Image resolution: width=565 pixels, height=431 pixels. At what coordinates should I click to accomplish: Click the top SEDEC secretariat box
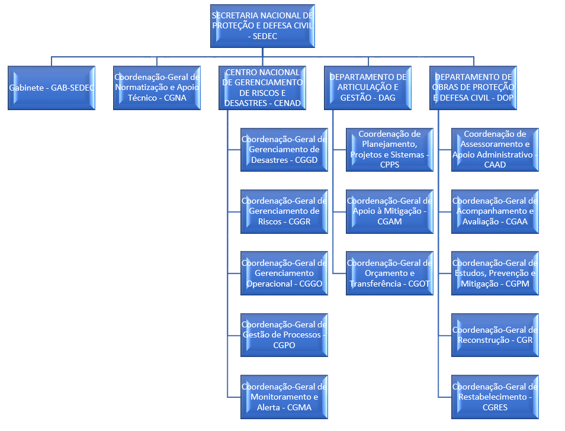coord(262,26)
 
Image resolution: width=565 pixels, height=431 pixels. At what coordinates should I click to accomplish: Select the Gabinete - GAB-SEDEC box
coord(52,88)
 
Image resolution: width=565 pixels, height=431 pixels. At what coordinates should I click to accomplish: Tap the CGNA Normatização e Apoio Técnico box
coord(157,88)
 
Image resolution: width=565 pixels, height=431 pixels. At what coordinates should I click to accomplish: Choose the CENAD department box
coord(262,88)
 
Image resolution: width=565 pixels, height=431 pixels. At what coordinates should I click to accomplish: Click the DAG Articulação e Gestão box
coord(368,88)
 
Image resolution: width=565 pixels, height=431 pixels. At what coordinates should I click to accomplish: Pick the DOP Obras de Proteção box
coord(473,88)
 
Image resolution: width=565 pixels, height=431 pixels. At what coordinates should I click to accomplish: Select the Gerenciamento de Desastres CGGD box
coord(284,149)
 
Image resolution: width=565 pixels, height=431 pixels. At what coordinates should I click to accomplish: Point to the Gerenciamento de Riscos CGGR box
coord(284,211)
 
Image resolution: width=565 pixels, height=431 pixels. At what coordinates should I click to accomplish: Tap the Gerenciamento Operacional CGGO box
coord(284,273)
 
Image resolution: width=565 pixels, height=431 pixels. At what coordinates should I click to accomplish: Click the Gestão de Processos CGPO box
coord(284,335)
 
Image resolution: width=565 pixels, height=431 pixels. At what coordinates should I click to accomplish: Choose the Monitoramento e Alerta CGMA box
coord(284,397)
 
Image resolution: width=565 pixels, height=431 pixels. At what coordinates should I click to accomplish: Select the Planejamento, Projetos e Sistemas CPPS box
coord(390,149)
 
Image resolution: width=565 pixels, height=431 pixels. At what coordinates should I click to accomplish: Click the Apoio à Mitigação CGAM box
coord(390,211)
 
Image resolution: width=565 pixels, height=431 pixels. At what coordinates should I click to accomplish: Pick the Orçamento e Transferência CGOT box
coord(390,273)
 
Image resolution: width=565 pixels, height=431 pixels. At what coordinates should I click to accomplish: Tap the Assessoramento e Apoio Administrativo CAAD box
coord(495,149)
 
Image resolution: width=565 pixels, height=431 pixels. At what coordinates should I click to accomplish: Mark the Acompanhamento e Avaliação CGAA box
coord(495,211)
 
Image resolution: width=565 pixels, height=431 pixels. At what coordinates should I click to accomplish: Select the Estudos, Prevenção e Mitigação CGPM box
coord(495,273)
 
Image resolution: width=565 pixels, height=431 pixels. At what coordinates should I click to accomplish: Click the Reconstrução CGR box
coord(495,335)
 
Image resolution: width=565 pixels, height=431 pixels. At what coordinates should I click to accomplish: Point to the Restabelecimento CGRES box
coord(495,397)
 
